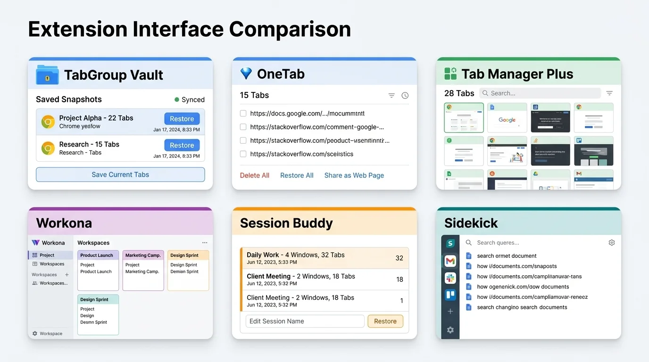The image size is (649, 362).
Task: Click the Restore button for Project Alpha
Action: [182, 119]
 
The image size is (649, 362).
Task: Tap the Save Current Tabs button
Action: [120, 174]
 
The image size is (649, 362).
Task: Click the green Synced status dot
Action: [177, 99]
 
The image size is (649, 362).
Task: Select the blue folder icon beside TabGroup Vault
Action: [47, 75]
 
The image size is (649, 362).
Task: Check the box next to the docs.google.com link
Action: [243, 114]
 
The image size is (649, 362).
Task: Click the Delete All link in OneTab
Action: [254, 175]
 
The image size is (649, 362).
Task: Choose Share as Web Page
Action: [354, 175]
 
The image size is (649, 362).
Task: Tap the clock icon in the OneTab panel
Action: [405, 96]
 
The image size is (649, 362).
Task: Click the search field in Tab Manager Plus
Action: [540, 93]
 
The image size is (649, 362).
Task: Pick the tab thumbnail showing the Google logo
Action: [507, 118]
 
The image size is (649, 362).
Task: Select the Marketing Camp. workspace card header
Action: [143, 255]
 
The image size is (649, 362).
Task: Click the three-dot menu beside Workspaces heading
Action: [205, 243]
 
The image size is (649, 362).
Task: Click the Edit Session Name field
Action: [305, 321]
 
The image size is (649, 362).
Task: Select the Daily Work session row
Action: [324, 258]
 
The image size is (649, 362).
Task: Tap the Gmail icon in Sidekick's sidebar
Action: [450, 261]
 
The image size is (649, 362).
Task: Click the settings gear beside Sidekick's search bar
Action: [612, 243]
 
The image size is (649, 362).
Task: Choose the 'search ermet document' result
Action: [507, 256]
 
